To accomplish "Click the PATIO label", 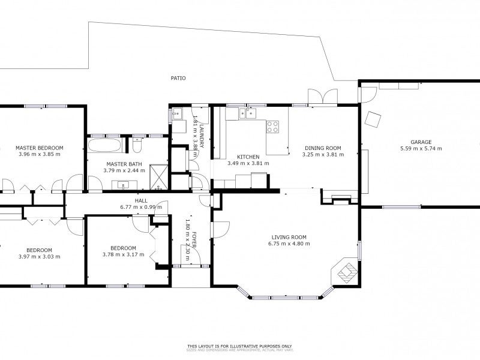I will (178, 78).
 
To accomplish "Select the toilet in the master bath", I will (137, 146).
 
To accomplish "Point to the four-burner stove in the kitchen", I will (272, 127).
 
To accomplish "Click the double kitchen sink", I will (247, 112).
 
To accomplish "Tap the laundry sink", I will (177, 114).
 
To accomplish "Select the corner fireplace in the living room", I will (347, 272).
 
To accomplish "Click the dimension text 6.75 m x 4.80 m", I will (289, 244).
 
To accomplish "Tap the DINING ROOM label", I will (323, 148).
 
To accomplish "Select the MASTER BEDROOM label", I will (40, 148).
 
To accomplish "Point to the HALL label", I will (141, 201).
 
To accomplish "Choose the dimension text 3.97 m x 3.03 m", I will (39, 256).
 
